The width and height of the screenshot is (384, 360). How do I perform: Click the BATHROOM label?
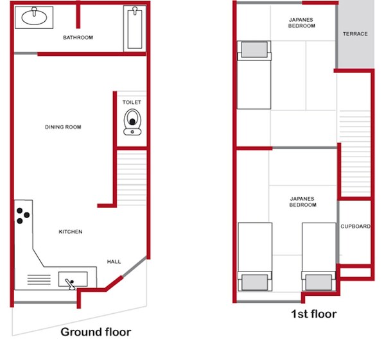(x=78, y=38)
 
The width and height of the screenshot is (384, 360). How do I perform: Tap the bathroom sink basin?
(x=33, y=18)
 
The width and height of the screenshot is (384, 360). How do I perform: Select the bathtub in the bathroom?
(x=134, y=28)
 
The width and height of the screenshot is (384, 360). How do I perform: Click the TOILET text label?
(x=132, y=102)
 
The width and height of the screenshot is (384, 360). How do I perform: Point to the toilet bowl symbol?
(x=132, y=121)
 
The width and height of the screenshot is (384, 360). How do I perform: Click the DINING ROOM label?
(x=63, y=127)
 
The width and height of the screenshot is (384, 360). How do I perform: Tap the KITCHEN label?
(x=71, y=232)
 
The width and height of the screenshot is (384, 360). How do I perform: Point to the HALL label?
(x=114, y=262)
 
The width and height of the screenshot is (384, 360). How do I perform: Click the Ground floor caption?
(x=96, y=332)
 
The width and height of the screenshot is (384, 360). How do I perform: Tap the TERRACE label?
(x=355, y=33)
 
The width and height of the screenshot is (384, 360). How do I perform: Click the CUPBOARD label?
(x=355, y=226)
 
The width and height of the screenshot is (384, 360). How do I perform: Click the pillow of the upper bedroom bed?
(x=250, y=52)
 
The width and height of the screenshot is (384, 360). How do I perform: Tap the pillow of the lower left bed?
(x=251, y=281)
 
